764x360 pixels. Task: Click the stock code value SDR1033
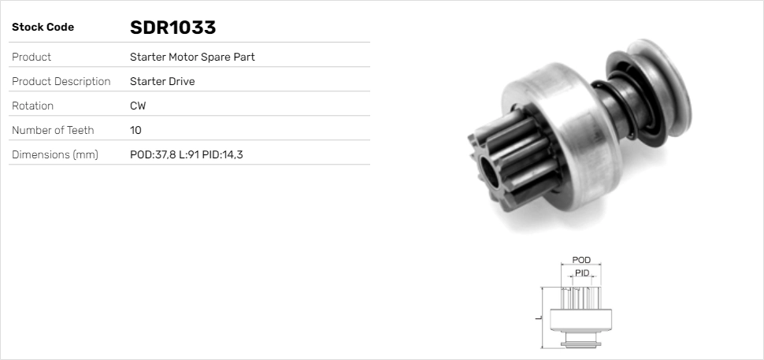coord(172,28)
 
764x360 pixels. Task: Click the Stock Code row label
coord(43,28)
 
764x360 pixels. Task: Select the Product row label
coord(32,57)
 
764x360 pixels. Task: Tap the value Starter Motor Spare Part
coord(192,57)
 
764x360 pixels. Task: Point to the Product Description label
coord(61,81)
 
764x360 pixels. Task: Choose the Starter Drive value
coord(162,81)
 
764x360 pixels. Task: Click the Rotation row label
coord(32,106)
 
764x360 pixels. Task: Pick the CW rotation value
coord(138,106)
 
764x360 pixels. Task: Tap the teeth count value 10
coord(135,130)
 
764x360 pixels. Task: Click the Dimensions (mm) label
coord(54,154)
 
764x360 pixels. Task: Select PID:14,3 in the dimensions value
coord(223,154)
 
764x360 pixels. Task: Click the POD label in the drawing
coord(581,260)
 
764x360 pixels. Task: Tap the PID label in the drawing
coord(582,273)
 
